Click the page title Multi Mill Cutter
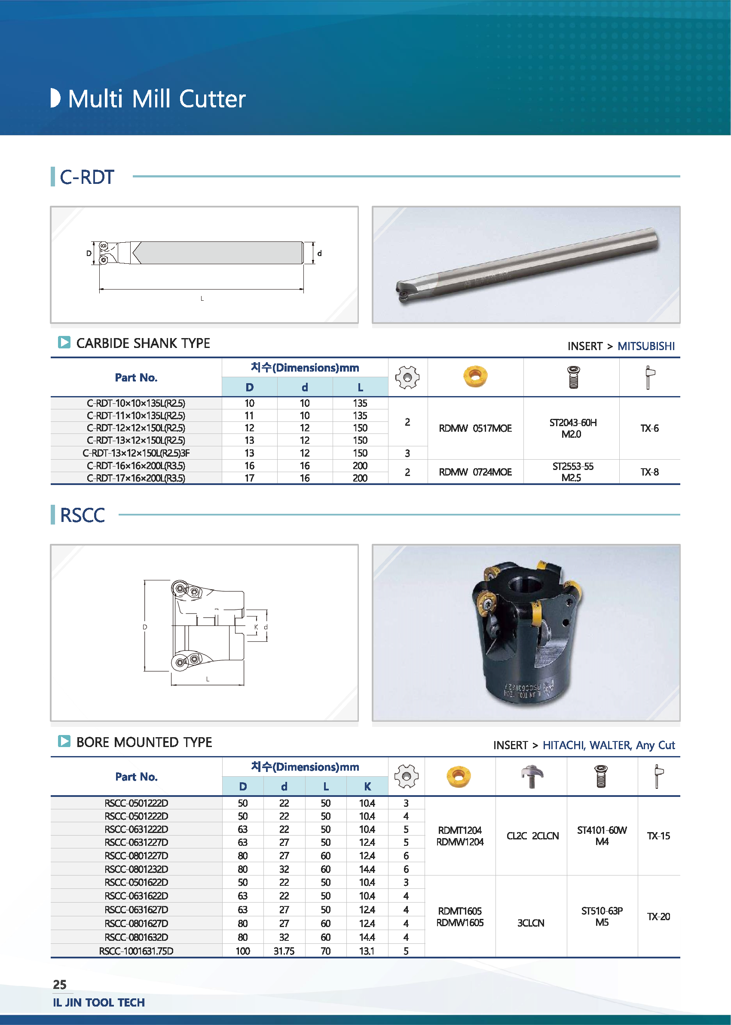pos(156,98)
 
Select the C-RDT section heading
pos(86,177)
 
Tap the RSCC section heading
pos(83,515)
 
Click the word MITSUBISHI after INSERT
pos(645,346)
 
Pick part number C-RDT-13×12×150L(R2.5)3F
pos(136,453)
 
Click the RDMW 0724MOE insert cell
pos(475,472)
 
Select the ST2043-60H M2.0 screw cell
pos(572,428)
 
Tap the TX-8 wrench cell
pos(649,472)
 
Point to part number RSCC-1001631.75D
pos(136,951)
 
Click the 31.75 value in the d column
pos(284,951)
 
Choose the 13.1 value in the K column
pos(367,951)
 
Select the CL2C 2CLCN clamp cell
pos(532,836)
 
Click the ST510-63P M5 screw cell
pos(602,917)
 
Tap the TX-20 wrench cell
pos(658,917)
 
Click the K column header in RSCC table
pos(367,786)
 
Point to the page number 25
pos(59,985)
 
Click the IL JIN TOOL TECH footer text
pos(98,1003)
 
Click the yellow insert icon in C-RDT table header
pos(475,376)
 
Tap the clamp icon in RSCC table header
pos(532,776)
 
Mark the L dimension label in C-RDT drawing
pos(202,298)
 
